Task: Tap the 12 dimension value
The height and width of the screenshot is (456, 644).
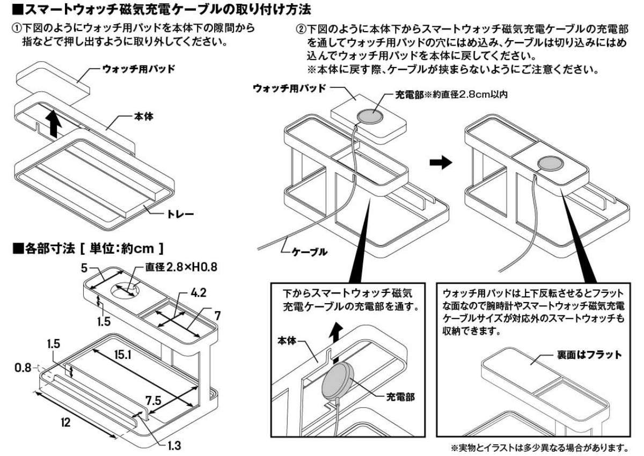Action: pyautogui.click(x=66, y=422)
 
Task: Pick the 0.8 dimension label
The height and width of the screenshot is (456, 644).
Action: pyautogui.click(x=23, y=367)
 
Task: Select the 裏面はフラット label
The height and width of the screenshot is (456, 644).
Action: pyautogui.click(x=589, y=355)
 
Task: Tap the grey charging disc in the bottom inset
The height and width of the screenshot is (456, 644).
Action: pyautogui.click(x=338, y=380)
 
